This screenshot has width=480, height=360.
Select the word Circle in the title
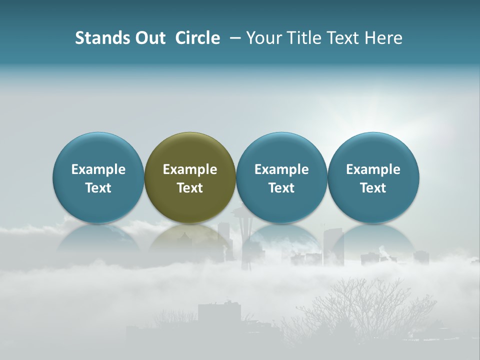click(197, 38)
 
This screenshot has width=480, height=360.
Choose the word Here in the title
click(384, 38)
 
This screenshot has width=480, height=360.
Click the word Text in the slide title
click(345, 38)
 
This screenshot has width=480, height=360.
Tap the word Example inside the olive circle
click(190, 169)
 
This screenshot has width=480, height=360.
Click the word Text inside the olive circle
click(190, 188)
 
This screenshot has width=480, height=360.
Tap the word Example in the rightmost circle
click(373, 169)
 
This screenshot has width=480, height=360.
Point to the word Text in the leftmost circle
click(98, 188)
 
